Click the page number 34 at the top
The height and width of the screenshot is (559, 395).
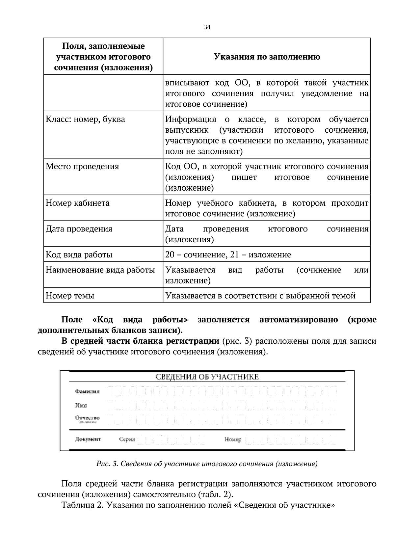[207, 27]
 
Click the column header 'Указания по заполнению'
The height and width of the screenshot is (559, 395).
[267, 57]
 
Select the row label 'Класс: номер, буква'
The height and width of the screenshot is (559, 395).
[85, 119]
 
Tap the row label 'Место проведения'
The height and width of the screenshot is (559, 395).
[82, 167]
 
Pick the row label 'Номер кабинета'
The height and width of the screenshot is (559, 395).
[78, 203]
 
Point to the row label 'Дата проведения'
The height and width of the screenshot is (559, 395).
[79, 229]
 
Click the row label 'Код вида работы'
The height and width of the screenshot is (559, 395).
[79, 255]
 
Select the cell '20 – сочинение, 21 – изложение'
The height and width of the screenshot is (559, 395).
[228, 255]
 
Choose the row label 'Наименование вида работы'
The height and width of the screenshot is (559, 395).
[100, 270]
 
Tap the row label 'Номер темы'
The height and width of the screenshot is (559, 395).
[70, 296]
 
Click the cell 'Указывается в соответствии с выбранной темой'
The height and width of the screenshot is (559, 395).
[260, 296]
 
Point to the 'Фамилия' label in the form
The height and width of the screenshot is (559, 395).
[87, 392]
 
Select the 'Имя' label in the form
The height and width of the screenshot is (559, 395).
[81, 406]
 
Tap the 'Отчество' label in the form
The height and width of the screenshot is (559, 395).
[87, 418]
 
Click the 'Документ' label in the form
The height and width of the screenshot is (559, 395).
[88, 439]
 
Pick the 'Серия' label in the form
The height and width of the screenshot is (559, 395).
[127, 439]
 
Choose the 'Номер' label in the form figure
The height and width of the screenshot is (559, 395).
[233, 439]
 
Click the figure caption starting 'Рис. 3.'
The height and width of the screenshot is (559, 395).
[207, 464]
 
